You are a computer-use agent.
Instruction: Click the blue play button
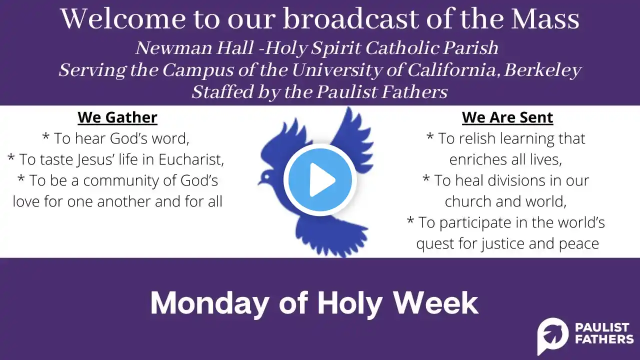point(320,179)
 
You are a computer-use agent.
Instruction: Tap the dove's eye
point(266,177)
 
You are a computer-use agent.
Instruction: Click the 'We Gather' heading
point(117,117)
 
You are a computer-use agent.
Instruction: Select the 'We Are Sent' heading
point(507,117)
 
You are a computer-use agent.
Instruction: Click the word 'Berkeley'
point(542,70)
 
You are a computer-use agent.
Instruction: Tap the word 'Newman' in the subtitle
point(175,47)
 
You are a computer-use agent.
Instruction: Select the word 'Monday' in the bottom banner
point(209,303)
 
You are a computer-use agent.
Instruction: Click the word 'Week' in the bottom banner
point(436,303)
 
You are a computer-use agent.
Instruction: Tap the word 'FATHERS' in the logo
point(604,339)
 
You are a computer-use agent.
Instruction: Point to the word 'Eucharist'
point(191,159)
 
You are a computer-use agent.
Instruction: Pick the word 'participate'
point(477,223)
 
